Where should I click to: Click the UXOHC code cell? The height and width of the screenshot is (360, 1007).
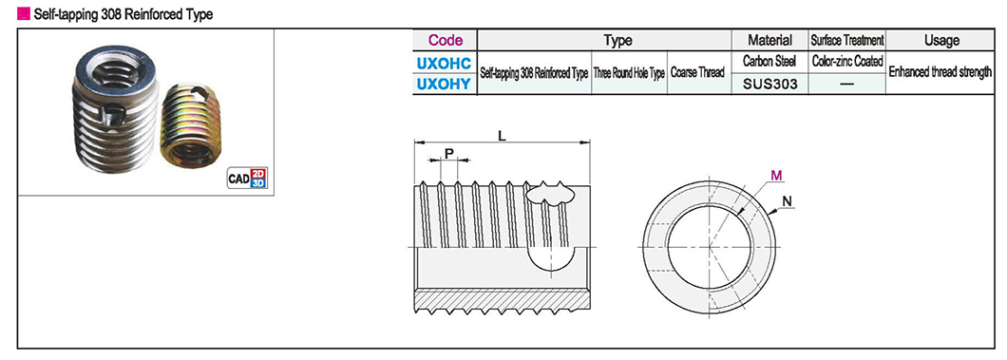[445, 63]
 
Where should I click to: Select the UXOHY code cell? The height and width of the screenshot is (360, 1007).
[445, 85]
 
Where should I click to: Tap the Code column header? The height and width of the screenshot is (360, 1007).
[445, 40]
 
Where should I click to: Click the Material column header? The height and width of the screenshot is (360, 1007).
[770, 40]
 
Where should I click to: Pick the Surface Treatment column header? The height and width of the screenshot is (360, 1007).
[847, 40]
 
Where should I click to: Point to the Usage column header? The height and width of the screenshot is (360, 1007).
[940, 40]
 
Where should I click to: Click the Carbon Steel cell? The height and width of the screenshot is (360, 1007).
[770, 63]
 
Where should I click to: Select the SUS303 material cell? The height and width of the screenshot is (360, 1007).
[770, 85]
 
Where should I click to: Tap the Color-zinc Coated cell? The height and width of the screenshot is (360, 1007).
[847, 63]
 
